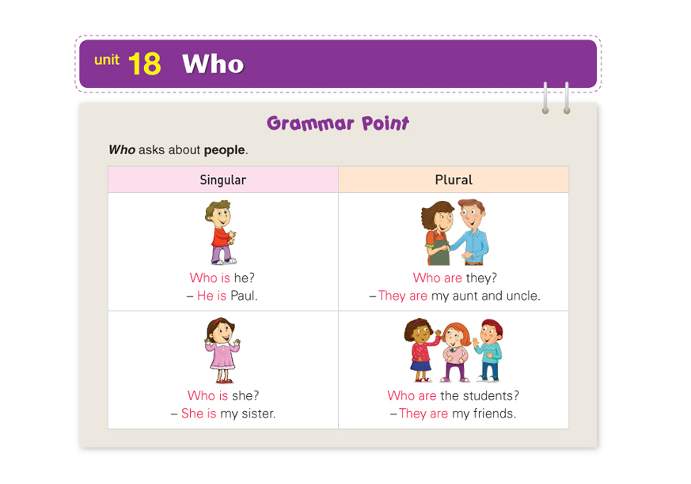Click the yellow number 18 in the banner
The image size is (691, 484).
(145, 64)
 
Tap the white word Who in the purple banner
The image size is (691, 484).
(213, 64)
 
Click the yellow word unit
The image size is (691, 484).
(107, 59)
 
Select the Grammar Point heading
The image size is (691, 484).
(338, 123)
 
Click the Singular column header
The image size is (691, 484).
(223, 180)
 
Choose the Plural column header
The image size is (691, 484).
(454, 180)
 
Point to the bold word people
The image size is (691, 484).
(224, 150)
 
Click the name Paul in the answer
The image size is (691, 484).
(243, 296)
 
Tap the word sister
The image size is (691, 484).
(258, 414)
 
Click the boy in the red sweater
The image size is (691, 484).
(221, 232)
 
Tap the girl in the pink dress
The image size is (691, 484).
(222, 350)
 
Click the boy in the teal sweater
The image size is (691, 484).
(488, 350)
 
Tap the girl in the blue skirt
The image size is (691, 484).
(421, 350)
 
